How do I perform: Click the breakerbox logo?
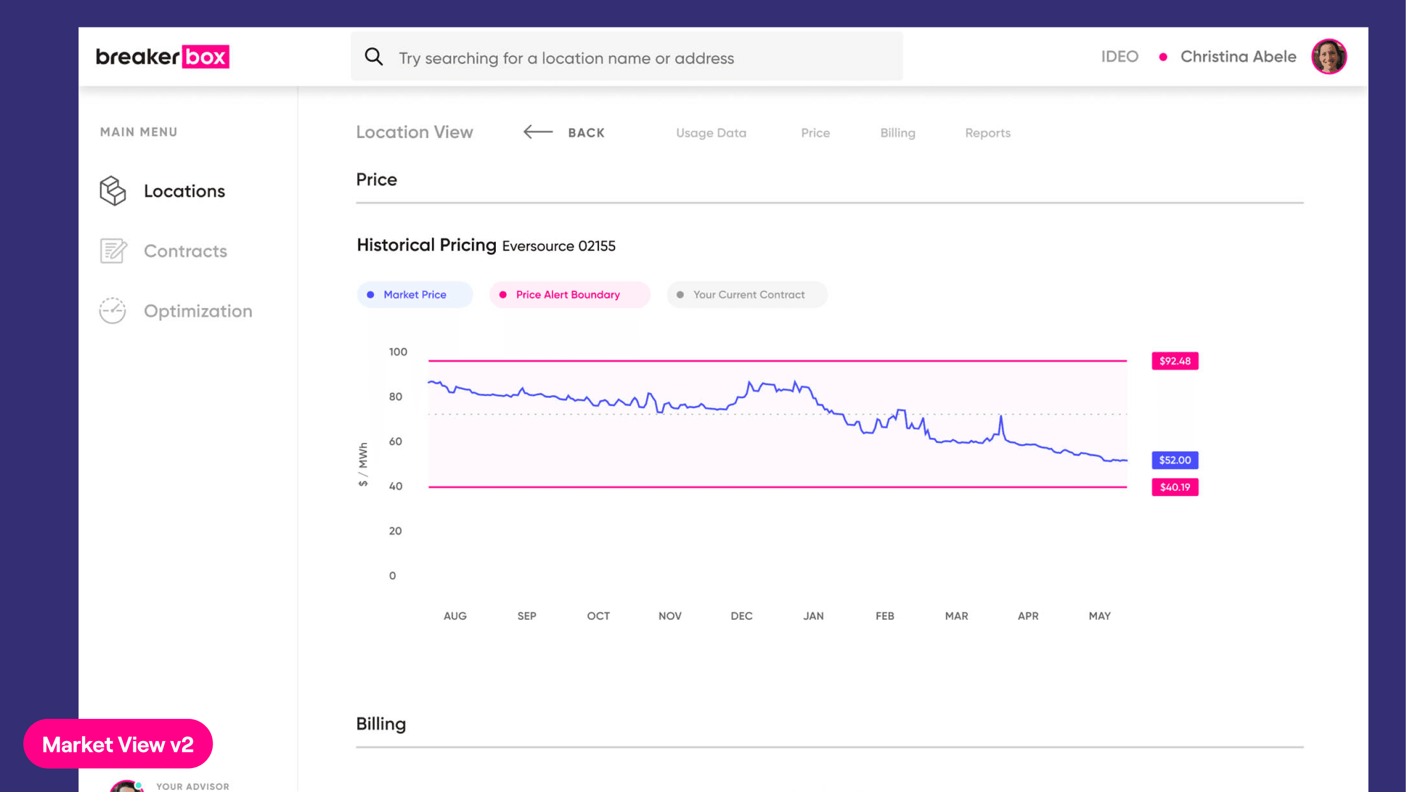(x=162, y=56)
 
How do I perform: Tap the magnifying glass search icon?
(x=374, y=56)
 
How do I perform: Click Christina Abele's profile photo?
(x=1329, y=56)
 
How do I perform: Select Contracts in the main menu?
(x=185, y=251)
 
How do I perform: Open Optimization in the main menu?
(x=198, y=311)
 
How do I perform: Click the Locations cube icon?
(x=113, y=190)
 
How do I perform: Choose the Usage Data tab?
(x=711, y=133)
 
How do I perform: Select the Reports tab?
(x=987, y=133)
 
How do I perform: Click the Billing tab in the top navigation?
(x=897, y=133)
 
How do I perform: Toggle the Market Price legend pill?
(x=415, y=295)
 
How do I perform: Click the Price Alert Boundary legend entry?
(x=570, y=295)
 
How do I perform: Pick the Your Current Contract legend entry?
(x=747, y=295)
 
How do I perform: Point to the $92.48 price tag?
(x=1175, y=361)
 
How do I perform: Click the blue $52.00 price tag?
(x=1175, y=460)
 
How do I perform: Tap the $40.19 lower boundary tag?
(x=1175, y=487)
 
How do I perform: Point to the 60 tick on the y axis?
(x=395, y=441)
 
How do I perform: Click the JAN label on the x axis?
(x=813, y=616)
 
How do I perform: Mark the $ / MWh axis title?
(x=363, y=464)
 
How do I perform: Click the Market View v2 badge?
(x=118, y=744)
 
